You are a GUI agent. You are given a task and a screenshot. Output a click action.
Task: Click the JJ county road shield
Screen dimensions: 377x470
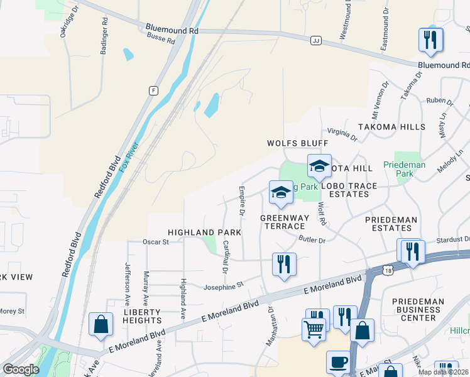coord(315,40)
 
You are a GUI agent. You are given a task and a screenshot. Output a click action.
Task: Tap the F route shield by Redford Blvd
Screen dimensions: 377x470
coord(153,90)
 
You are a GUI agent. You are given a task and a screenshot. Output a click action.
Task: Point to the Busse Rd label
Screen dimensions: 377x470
coord(162,40)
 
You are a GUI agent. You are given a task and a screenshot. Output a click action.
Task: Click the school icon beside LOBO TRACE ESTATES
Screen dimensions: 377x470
coord(319,166)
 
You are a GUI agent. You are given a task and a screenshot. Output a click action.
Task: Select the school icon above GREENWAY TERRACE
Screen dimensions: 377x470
coord(281,192)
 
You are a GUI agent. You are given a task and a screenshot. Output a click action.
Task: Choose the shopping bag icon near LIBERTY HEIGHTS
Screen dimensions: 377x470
coord(101,324)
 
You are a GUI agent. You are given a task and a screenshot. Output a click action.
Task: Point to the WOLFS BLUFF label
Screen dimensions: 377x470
coord(297,143)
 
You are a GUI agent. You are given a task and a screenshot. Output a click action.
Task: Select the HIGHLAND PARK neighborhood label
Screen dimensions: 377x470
coord(204,232)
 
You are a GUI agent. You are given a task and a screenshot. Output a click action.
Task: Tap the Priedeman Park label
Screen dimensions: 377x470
coord(413,168)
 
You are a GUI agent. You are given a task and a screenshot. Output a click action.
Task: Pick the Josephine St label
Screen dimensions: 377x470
coord(223,287)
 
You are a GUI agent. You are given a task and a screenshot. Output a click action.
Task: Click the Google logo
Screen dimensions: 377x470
coord(21,369)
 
